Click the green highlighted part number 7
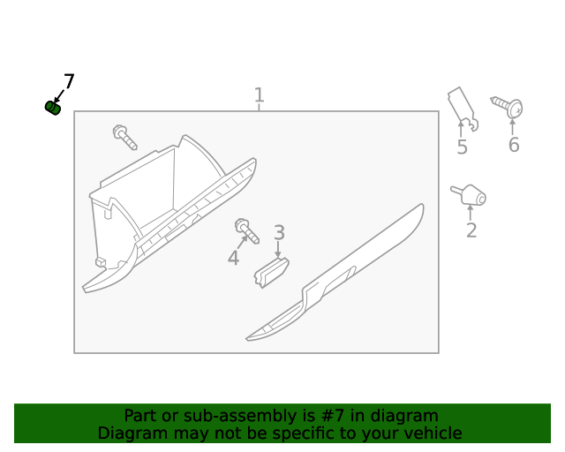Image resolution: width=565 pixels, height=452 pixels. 52,108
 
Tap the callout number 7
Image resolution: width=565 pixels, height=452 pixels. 68,82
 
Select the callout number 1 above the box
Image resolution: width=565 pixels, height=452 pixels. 259,94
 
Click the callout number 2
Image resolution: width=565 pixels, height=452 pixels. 471,230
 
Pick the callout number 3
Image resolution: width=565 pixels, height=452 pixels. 279,233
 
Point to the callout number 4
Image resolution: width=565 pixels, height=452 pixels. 233,259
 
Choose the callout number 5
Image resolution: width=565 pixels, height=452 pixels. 462,147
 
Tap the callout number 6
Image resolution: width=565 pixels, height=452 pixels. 513,145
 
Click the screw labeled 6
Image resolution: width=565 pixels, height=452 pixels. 508,107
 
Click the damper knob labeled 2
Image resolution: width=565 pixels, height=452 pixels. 470,195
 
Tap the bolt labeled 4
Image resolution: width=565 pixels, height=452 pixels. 245,231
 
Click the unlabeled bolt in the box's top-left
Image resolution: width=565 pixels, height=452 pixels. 124,137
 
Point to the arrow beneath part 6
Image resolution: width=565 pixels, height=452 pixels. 513,125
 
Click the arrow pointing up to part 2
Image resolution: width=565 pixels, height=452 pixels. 471,213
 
